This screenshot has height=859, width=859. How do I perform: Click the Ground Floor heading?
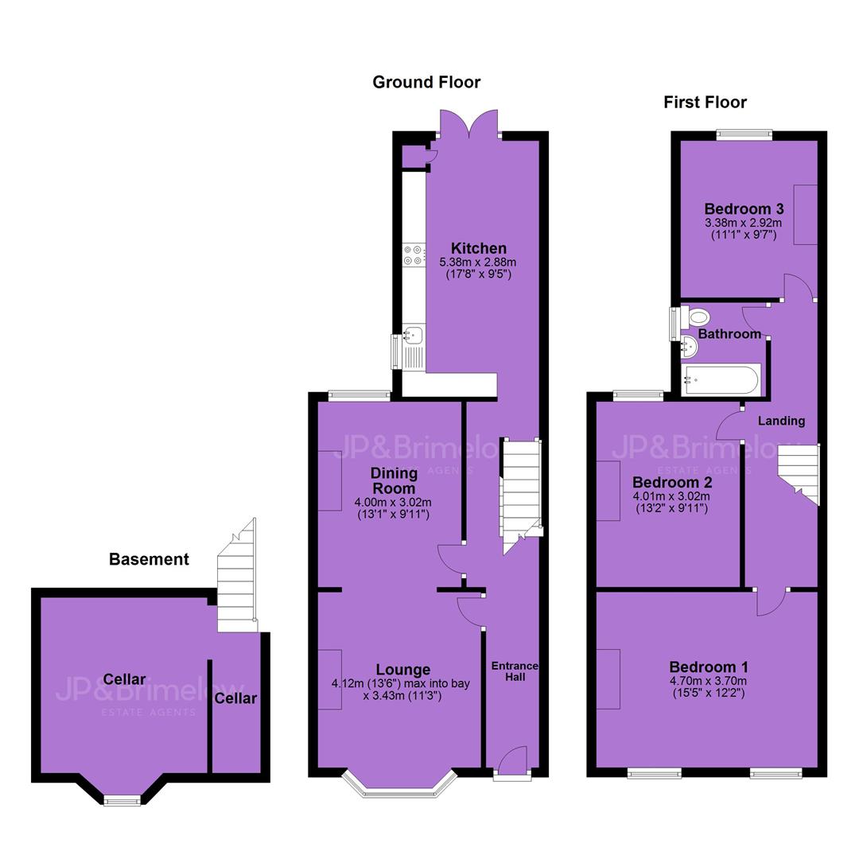point(426,82)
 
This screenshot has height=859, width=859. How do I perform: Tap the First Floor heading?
point(705,103)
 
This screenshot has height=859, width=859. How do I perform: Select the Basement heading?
point(149,559)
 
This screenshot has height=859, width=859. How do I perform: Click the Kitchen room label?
point(478,248)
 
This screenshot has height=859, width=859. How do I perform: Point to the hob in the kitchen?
point(414,255)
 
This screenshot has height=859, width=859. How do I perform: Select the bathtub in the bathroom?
point(721,379)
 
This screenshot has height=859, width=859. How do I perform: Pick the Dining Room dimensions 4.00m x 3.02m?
point(393,503)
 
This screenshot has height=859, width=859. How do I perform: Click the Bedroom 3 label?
point(744,208)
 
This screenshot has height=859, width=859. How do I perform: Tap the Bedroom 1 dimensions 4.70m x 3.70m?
point(708,681)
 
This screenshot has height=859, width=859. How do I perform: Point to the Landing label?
point(781,421)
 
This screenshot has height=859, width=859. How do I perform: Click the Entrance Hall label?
point(515,671)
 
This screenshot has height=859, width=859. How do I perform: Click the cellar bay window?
point(122,800)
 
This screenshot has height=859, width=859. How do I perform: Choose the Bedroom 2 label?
point(672,483)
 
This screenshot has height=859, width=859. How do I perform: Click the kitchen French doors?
point(469,123)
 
